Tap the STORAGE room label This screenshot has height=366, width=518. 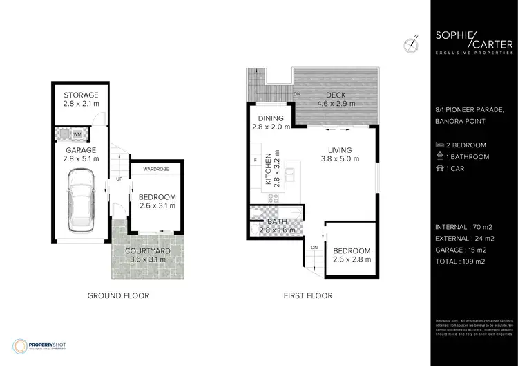(x=81, y=95)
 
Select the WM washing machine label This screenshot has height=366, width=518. (x=96, y=134)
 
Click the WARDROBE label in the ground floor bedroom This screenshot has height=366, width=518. (x=156, y=168)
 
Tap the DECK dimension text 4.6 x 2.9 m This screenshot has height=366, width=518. (x=336, y=104)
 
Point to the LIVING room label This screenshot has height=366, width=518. (x=339, y=150)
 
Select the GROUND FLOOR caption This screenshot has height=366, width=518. (x=118, y=295)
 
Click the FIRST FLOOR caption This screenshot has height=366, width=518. (x=308, y=295)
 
